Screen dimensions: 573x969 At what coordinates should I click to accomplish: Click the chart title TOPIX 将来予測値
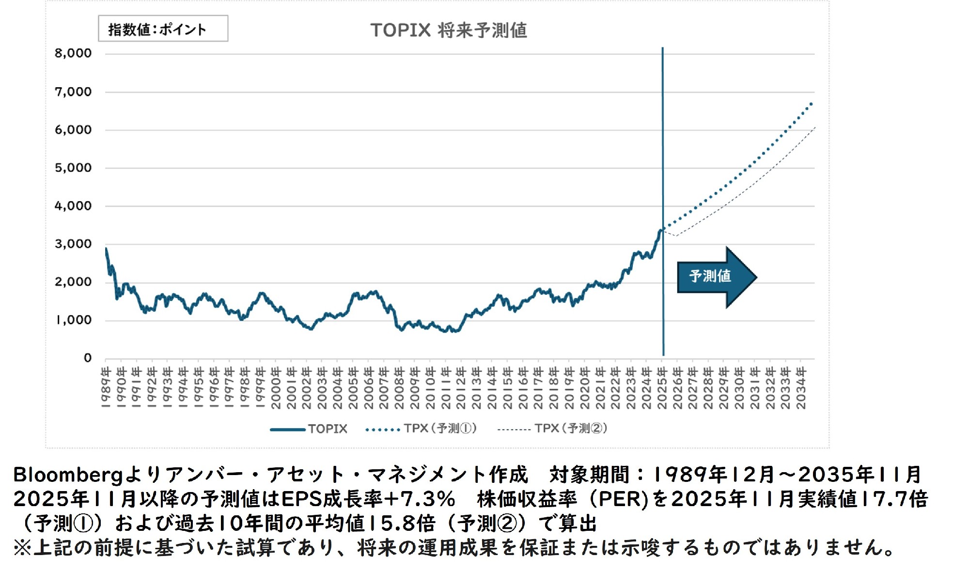pos(449,30)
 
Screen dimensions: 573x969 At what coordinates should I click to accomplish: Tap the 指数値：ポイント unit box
pos(163,29)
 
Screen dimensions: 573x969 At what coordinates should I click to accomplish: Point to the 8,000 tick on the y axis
pos(73,53)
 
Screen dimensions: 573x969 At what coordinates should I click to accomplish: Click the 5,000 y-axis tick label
pos(73,168)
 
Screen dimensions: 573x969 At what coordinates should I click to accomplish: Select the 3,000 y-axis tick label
pos(73,244)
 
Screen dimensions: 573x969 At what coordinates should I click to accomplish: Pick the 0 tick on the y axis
pos(87,358)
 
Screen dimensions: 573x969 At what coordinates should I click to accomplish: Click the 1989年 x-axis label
pos(106,387)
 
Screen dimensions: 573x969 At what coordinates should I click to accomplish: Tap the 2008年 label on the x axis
pos(399,387)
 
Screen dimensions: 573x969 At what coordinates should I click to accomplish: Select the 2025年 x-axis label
pos(662,387)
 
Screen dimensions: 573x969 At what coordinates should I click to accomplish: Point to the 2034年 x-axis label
pos(801,387)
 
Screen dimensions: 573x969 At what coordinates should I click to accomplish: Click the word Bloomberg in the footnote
pos(68,475)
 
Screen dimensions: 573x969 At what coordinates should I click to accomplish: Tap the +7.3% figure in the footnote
pos(427,499)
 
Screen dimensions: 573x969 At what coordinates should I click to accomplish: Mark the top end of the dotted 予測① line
pos(812,103)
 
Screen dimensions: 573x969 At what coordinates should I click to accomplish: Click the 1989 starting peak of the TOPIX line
pos(106,249)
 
